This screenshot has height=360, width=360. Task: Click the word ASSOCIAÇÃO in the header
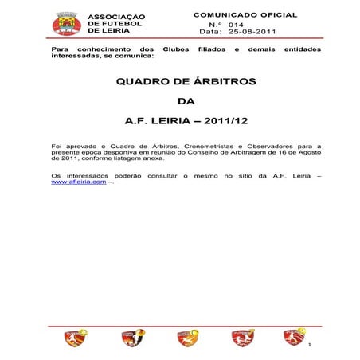pos(116,17)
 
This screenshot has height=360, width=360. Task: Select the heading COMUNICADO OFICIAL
pos(245,15)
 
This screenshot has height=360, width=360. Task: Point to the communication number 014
pos(236,25)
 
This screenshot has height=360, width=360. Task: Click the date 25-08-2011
pos(253,33)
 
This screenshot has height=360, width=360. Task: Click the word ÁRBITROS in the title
pos(210,82)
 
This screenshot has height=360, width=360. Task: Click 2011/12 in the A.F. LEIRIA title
pos(225,122)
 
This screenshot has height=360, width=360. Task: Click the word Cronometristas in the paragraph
pos(212,147)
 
